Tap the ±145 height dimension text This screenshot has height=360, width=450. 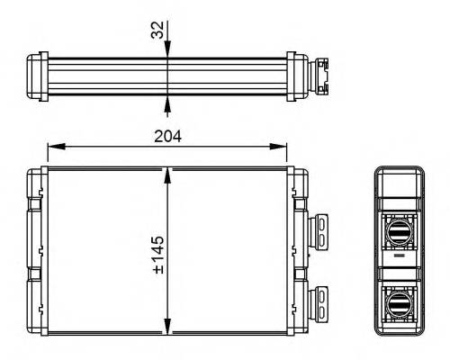[x=157, y=256]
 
